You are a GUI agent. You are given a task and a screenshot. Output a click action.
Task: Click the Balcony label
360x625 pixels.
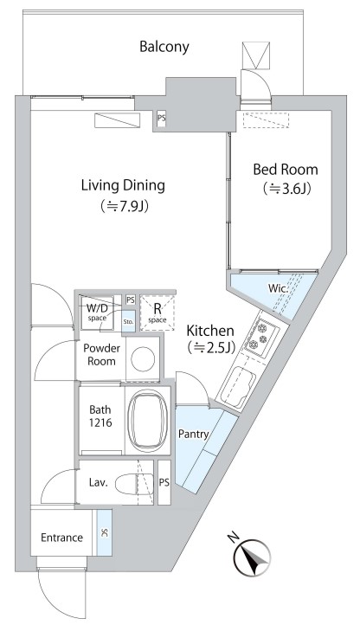pos(164,47)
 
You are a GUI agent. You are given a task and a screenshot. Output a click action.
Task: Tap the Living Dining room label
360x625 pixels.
pos(123,185)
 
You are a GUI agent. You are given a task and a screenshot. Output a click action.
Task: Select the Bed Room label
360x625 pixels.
pos(286,170)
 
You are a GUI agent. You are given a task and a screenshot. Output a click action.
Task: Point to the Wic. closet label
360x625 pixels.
pos(279,287)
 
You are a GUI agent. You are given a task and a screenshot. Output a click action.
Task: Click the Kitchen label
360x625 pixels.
pos(210,331)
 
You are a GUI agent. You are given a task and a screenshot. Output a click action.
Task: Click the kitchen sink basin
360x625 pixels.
pos(238,387)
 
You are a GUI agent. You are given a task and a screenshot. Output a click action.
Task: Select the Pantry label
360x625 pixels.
pos(193,434)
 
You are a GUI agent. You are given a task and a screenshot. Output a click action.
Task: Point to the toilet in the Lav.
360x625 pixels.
pos(134,483)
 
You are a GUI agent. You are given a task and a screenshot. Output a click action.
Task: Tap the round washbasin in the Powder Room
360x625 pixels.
pos(143,358)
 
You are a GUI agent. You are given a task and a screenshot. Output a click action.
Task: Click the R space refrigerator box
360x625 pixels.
pos(157,312)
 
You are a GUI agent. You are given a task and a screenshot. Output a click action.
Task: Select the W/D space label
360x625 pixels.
pos(97,312)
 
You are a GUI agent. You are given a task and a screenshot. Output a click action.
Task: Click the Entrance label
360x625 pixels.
pos(61,538)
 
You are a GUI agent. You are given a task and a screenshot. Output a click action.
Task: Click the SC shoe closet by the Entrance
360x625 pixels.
pos(104,532)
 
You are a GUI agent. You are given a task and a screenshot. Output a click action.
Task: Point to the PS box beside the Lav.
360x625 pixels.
pos(164,483)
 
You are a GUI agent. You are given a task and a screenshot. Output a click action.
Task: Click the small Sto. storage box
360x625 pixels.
pos(128,321)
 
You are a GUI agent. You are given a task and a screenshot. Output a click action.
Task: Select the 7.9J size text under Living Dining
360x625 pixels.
pos(125,206)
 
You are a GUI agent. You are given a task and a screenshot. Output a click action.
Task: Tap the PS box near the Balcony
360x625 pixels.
pos(162,119)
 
